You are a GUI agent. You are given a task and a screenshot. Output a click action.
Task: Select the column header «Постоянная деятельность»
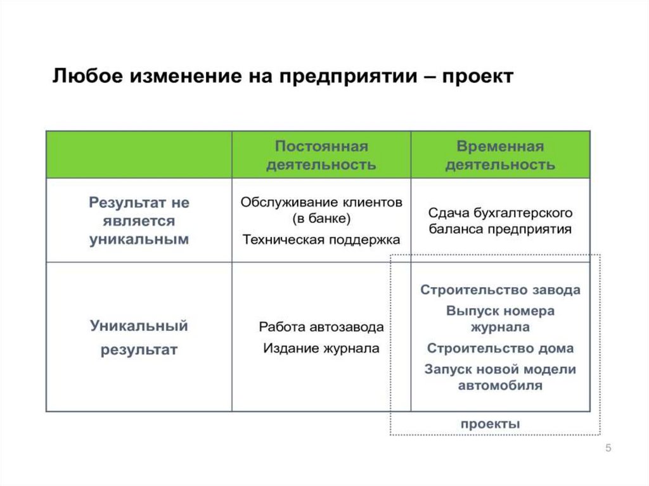[321, 155]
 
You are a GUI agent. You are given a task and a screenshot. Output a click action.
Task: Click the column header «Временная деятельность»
[500, 155]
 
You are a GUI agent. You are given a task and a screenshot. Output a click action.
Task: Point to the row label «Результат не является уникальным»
[139, 221]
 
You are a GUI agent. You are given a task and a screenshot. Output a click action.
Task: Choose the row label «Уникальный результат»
[139, 338]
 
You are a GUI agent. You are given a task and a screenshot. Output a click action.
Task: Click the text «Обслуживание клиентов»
[321, 203]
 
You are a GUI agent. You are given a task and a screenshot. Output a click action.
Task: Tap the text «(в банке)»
[321, 219]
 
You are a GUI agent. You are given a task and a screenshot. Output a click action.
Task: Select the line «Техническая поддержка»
[321, 240]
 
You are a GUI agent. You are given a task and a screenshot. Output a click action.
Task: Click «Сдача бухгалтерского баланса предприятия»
[500, 221]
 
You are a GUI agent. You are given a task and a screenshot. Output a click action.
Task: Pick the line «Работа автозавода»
[321, 328]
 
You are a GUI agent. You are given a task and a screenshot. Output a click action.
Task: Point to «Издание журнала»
[321, 348]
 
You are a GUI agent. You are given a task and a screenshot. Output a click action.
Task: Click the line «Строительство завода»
[500, 290]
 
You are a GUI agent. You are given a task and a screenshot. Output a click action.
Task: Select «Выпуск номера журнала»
[500, 319]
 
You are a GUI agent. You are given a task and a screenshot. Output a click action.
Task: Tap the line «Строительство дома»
[500, 349]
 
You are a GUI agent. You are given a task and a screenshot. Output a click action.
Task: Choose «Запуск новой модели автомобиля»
[500, 377]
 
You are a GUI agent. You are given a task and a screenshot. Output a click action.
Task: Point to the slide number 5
[608, 449]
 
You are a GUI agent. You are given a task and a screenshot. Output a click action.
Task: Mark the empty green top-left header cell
[139, 155]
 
